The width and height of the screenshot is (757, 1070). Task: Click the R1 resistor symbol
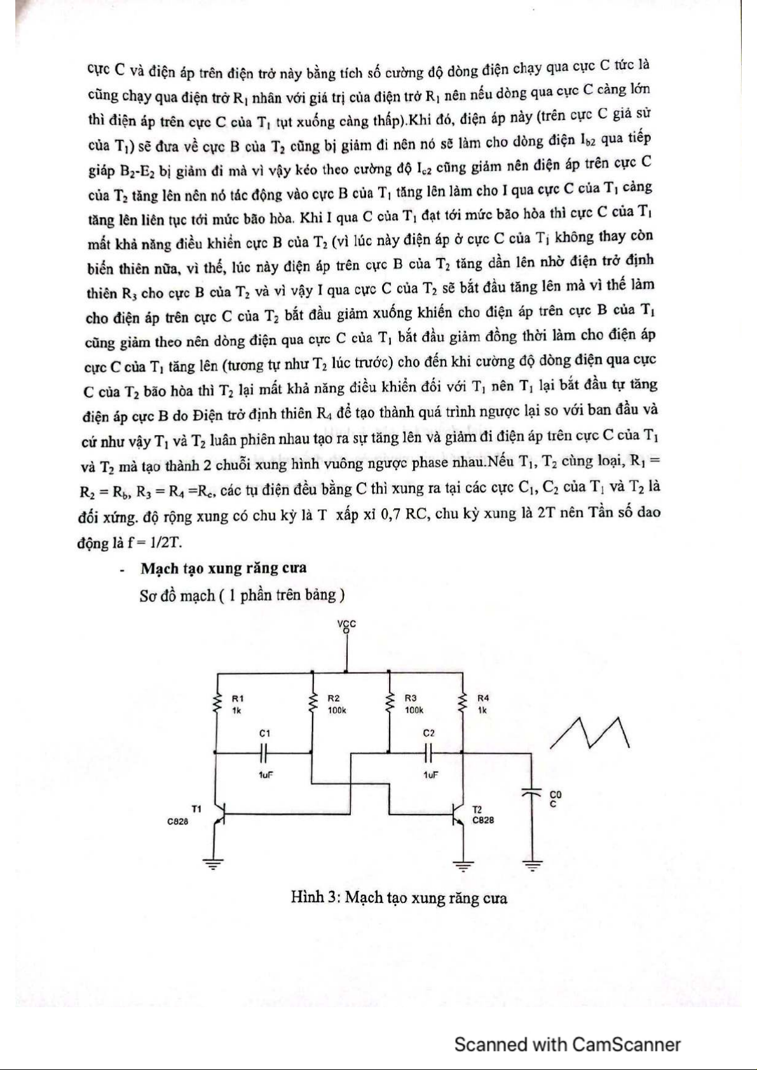(216, 703)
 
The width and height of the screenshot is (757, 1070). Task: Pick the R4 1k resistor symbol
(463, 703)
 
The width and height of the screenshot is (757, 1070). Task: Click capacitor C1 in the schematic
(265, 753)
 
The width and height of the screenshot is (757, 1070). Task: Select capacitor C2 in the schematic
(429, 753)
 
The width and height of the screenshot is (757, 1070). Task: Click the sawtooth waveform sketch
(590, 733)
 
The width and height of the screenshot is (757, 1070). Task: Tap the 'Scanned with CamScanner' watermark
(567, 1044)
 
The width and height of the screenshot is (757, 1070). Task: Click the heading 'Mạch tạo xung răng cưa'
(224, 568)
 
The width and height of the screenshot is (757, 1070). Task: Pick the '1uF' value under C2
(430, 775)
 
